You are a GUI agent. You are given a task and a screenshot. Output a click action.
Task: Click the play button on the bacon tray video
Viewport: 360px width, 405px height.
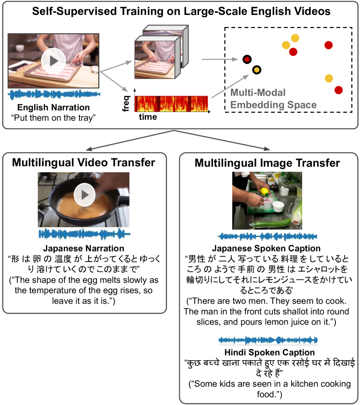[53, 61]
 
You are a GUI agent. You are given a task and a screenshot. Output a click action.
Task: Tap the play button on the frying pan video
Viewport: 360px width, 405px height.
[84, 195]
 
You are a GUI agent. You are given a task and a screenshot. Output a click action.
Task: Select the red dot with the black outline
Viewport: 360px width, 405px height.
[247, 59]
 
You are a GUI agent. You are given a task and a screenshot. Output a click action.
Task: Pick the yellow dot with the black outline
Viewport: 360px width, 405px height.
[256, 70]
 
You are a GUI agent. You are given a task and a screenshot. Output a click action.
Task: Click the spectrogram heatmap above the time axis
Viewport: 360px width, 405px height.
[171, 104]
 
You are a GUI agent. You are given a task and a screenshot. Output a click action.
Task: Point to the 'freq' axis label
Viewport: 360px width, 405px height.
[126, 104]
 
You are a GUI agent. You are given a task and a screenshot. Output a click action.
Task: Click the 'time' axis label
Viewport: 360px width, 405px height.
[148, 117]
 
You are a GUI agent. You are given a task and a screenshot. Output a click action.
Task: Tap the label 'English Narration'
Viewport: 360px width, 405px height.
[53, 107]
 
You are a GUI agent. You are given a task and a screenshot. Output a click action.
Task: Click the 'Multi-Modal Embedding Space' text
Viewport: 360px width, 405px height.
[273, 99]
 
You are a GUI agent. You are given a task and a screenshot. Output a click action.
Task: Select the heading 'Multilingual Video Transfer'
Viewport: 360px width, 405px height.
[83, 162]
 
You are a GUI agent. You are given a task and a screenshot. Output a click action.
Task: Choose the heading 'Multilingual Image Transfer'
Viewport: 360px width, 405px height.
[267, 163]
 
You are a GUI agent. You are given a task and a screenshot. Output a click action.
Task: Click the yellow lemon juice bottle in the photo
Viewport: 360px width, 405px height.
[265, 192]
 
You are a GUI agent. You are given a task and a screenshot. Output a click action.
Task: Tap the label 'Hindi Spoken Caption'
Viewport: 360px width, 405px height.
[269, 353]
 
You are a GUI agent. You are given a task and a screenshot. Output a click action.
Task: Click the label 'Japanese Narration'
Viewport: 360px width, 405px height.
[83, 248]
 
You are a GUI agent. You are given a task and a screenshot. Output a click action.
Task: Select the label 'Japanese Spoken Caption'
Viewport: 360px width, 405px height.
[266, 248]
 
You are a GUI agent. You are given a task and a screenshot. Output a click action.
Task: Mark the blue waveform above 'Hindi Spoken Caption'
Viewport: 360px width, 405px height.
[268, 340]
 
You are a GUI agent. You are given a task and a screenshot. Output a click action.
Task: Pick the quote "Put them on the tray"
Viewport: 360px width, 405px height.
[53, 118]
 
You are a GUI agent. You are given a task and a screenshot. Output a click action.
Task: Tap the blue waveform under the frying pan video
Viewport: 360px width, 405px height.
[84, 234]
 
